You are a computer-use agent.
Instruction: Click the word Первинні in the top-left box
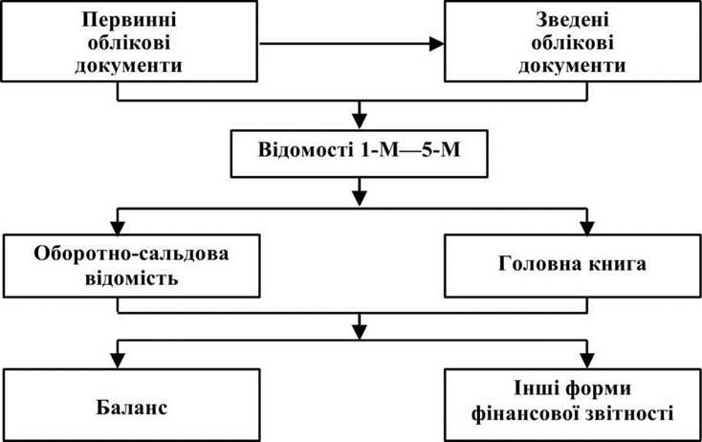[129, 20]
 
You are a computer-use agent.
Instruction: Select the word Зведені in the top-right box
[572, 20]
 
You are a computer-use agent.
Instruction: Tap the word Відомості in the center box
[305, 150]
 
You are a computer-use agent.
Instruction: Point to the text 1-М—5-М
[410, 150]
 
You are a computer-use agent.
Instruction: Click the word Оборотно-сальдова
[131, 254]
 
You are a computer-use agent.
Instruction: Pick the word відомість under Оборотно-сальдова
[132, 278]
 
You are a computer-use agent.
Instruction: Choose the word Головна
[533, 264]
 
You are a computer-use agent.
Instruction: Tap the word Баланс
[132, 408]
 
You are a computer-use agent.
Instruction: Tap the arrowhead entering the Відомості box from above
[359, 122]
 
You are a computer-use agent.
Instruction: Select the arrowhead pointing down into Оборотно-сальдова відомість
[118, 228]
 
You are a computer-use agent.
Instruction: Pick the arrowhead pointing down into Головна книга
[586, 228]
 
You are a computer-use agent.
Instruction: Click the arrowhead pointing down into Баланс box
[118, 361]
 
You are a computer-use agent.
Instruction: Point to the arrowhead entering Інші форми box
[586, 361]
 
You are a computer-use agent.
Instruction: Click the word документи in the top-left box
[128, 66]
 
